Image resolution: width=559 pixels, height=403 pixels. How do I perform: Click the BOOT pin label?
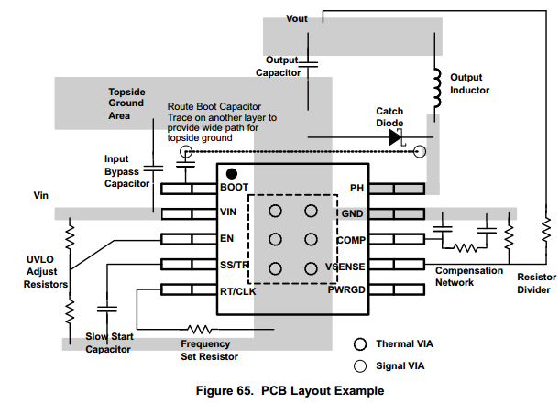point(236,188)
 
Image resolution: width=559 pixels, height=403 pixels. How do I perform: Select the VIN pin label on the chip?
point(229,213)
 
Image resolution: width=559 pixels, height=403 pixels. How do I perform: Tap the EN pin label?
point(226,239)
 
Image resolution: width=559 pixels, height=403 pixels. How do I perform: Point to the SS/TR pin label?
point(236,265)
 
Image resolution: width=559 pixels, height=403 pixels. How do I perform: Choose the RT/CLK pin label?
point(238,290)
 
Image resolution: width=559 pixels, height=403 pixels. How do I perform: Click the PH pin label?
point(357,188)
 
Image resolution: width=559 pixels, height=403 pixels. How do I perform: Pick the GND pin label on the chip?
point(353,213)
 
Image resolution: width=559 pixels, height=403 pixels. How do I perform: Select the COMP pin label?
point(351,239)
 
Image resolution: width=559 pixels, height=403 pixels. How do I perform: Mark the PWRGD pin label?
point(346,290)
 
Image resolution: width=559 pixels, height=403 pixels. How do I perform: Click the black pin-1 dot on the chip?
point(232,173)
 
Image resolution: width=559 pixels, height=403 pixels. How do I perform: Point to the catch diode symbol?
point(397,137)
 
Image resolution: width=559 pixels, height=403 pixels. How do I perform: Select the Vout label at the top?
point(297,18)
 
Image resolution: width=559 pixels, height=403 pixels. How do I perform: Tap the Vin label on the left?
point(43,196)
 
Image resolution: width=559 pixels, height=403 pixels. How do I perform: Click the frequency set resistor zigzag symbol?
point(201,328)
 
